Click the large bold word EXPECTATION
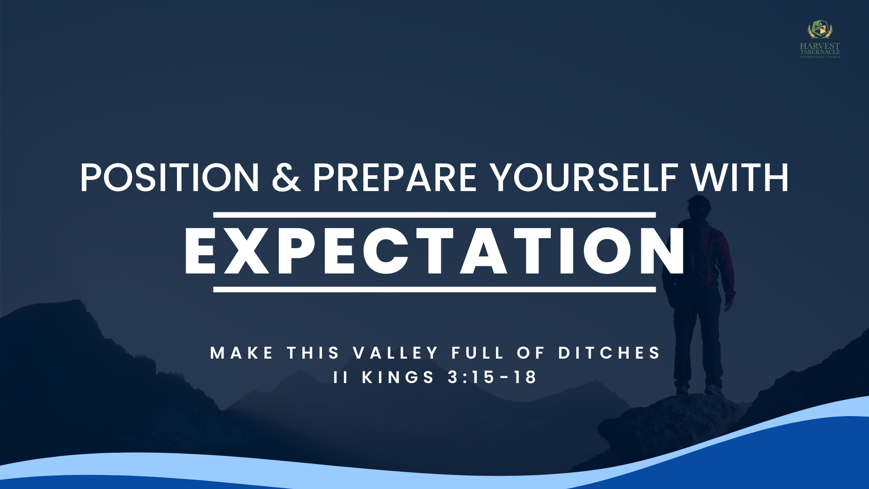point(434,251)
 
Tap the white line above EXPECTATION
point(434,215)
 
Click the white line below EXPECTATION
point(434,289)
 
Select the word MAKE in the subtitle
point(242,353)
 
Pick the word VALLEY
point(396,353)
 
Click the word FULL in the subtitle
point(477,353)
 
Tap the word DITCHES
point(609,353)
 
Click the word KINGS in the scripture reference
point(398,377)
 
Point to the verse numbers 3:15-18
point(492,377)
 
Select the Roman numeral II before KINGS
point(340,377)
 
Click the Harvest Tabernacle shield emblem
point(820,30)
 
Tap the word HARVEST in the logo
point(820,46)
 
